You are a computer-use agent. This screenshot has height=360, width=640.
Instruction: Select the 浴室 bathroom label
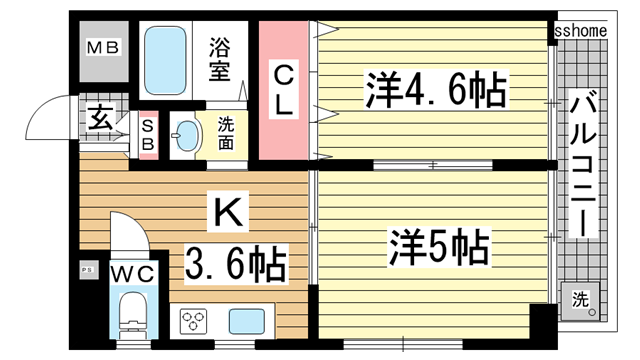(x=221, y=58)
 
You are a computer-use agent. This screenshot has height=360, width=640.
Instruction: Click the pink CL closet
(x=283, y=89)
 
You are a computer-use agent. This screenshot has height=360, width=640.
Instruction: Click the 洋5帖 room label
(x=440, y=245)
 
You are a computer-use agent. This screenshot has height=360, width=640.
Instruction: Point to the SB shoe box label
(x=148, y=134)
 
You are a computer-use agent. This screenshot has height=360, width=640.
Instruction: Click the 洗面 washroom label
(x=225, y=135)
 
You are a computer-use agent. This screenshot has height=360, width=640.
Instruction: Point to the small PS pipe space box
(x=86, y=269)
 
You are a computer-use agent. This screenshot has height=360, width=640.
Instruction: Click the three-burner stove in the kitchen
(x=196, y=322)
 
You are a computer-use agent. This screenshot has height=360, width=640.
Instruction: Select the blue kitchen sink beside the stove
(x=247, y=322)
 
